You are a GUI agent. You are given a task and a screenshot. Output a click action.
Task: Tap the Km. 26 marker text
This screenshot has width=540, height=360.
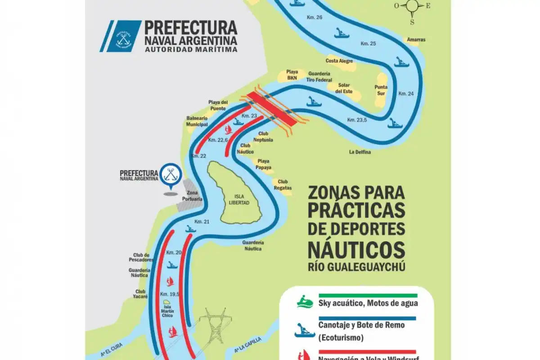click(x=314, y=17)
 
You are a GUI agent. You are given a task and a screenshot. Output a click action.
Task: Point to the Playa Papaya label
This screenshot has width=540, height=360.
click(x=264, y=164)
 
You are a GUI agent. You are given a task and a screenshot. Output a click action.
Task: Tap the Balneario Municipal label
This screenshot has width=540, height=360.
click(x=197, y=121)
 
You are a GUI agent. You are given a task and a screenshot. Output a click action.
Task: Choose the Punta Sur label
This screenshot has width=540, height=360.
click(x=381, y=90)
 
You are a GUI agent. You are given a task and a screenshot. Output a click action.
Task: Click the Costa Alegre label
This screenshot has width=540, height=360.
click(x=339, y=61)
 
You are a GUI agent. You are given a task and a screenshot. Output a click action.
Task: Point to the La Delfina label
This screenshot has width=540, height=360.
click(x=360, y=152)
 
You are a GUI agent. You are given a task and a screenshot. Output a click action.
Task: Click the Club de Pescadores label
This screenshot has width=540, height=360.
click(x=143, y=257)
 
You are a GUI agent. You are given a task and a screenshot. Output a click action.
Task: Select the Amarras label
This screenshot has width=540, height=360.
click(x=416, y=40)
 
